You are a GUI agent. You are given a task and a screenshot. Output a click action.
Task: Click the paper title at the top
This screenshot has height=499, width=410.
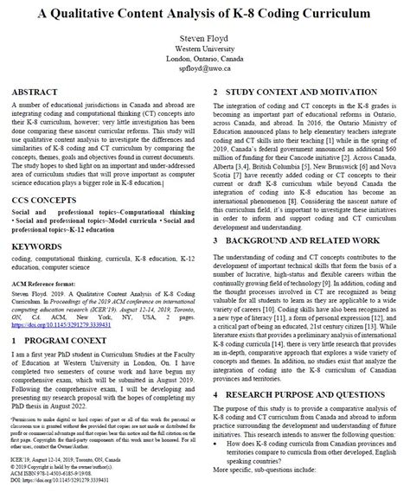205,14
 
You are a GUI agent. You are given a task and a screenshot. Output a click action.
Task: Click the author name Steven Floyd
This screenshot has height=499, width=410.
204,39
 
